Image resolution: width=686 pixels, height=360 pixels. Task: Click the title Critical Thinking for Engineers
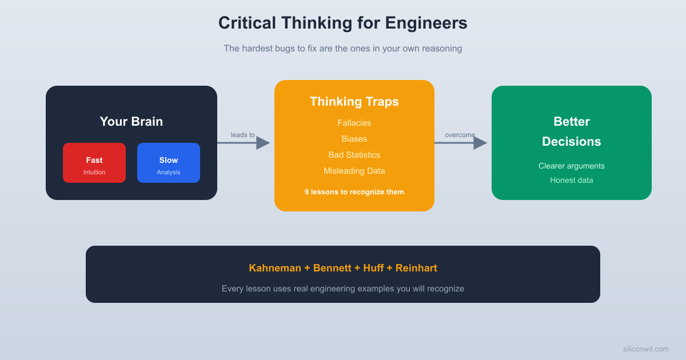tap(342, 23)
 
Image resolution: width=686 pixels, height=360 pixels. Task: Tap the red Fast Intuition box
tap(94, 163)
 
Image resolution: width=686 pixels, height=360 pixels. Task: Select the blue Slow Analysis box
tap(169, 163)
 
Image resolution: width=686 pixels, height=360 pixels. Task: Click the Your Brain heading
tap(131, 121)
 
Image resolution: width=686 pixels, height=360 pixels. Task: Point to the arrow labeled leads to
tap(243, 143)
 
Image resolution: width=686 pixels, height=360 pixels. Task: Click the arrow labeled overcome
tap(460, 143)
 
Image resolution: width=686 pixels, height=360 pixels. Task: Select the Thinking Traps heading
tap(354, 102)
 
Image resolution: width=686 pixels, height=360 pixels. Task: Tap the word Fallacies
tap(354, 123)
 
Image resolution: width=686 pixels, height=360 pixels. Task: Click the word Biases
tap(354, 139)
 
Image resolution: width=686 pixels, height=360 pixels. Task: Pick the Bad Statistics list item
tap(354, 155)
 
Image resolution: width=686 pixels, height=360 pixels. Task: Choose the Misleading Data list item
tap(354, 171)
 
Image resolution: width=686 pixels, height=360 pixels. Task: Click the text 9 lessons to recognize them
tap(354, 192)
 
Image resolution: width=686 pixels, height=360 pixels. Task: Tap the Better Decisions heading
tap(571, 131)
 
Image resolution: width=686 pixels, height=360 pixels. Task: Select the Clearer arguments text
tap(571, 166)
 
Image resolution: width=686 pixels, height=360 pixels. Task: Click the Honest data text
tap(571, 180)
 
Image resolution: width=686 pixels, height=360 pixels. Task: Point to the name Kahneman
tap(274, 268)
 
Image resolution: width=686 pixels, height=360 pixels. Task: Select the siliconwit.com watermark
tap(645, 349)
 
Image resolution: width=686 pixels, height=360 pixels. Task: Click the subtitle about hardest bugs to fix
tap(342, 49)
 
